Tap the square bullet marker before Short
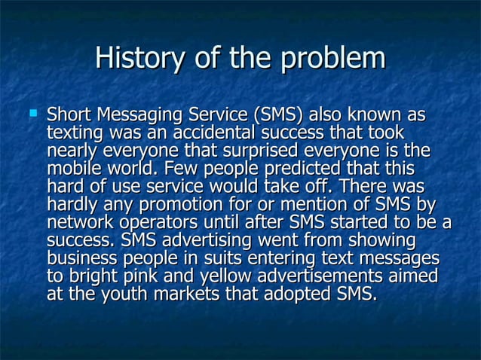pyautogui.click(x=32, y=116)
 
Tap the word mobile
pyautogui.click(x=70, y=169)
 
